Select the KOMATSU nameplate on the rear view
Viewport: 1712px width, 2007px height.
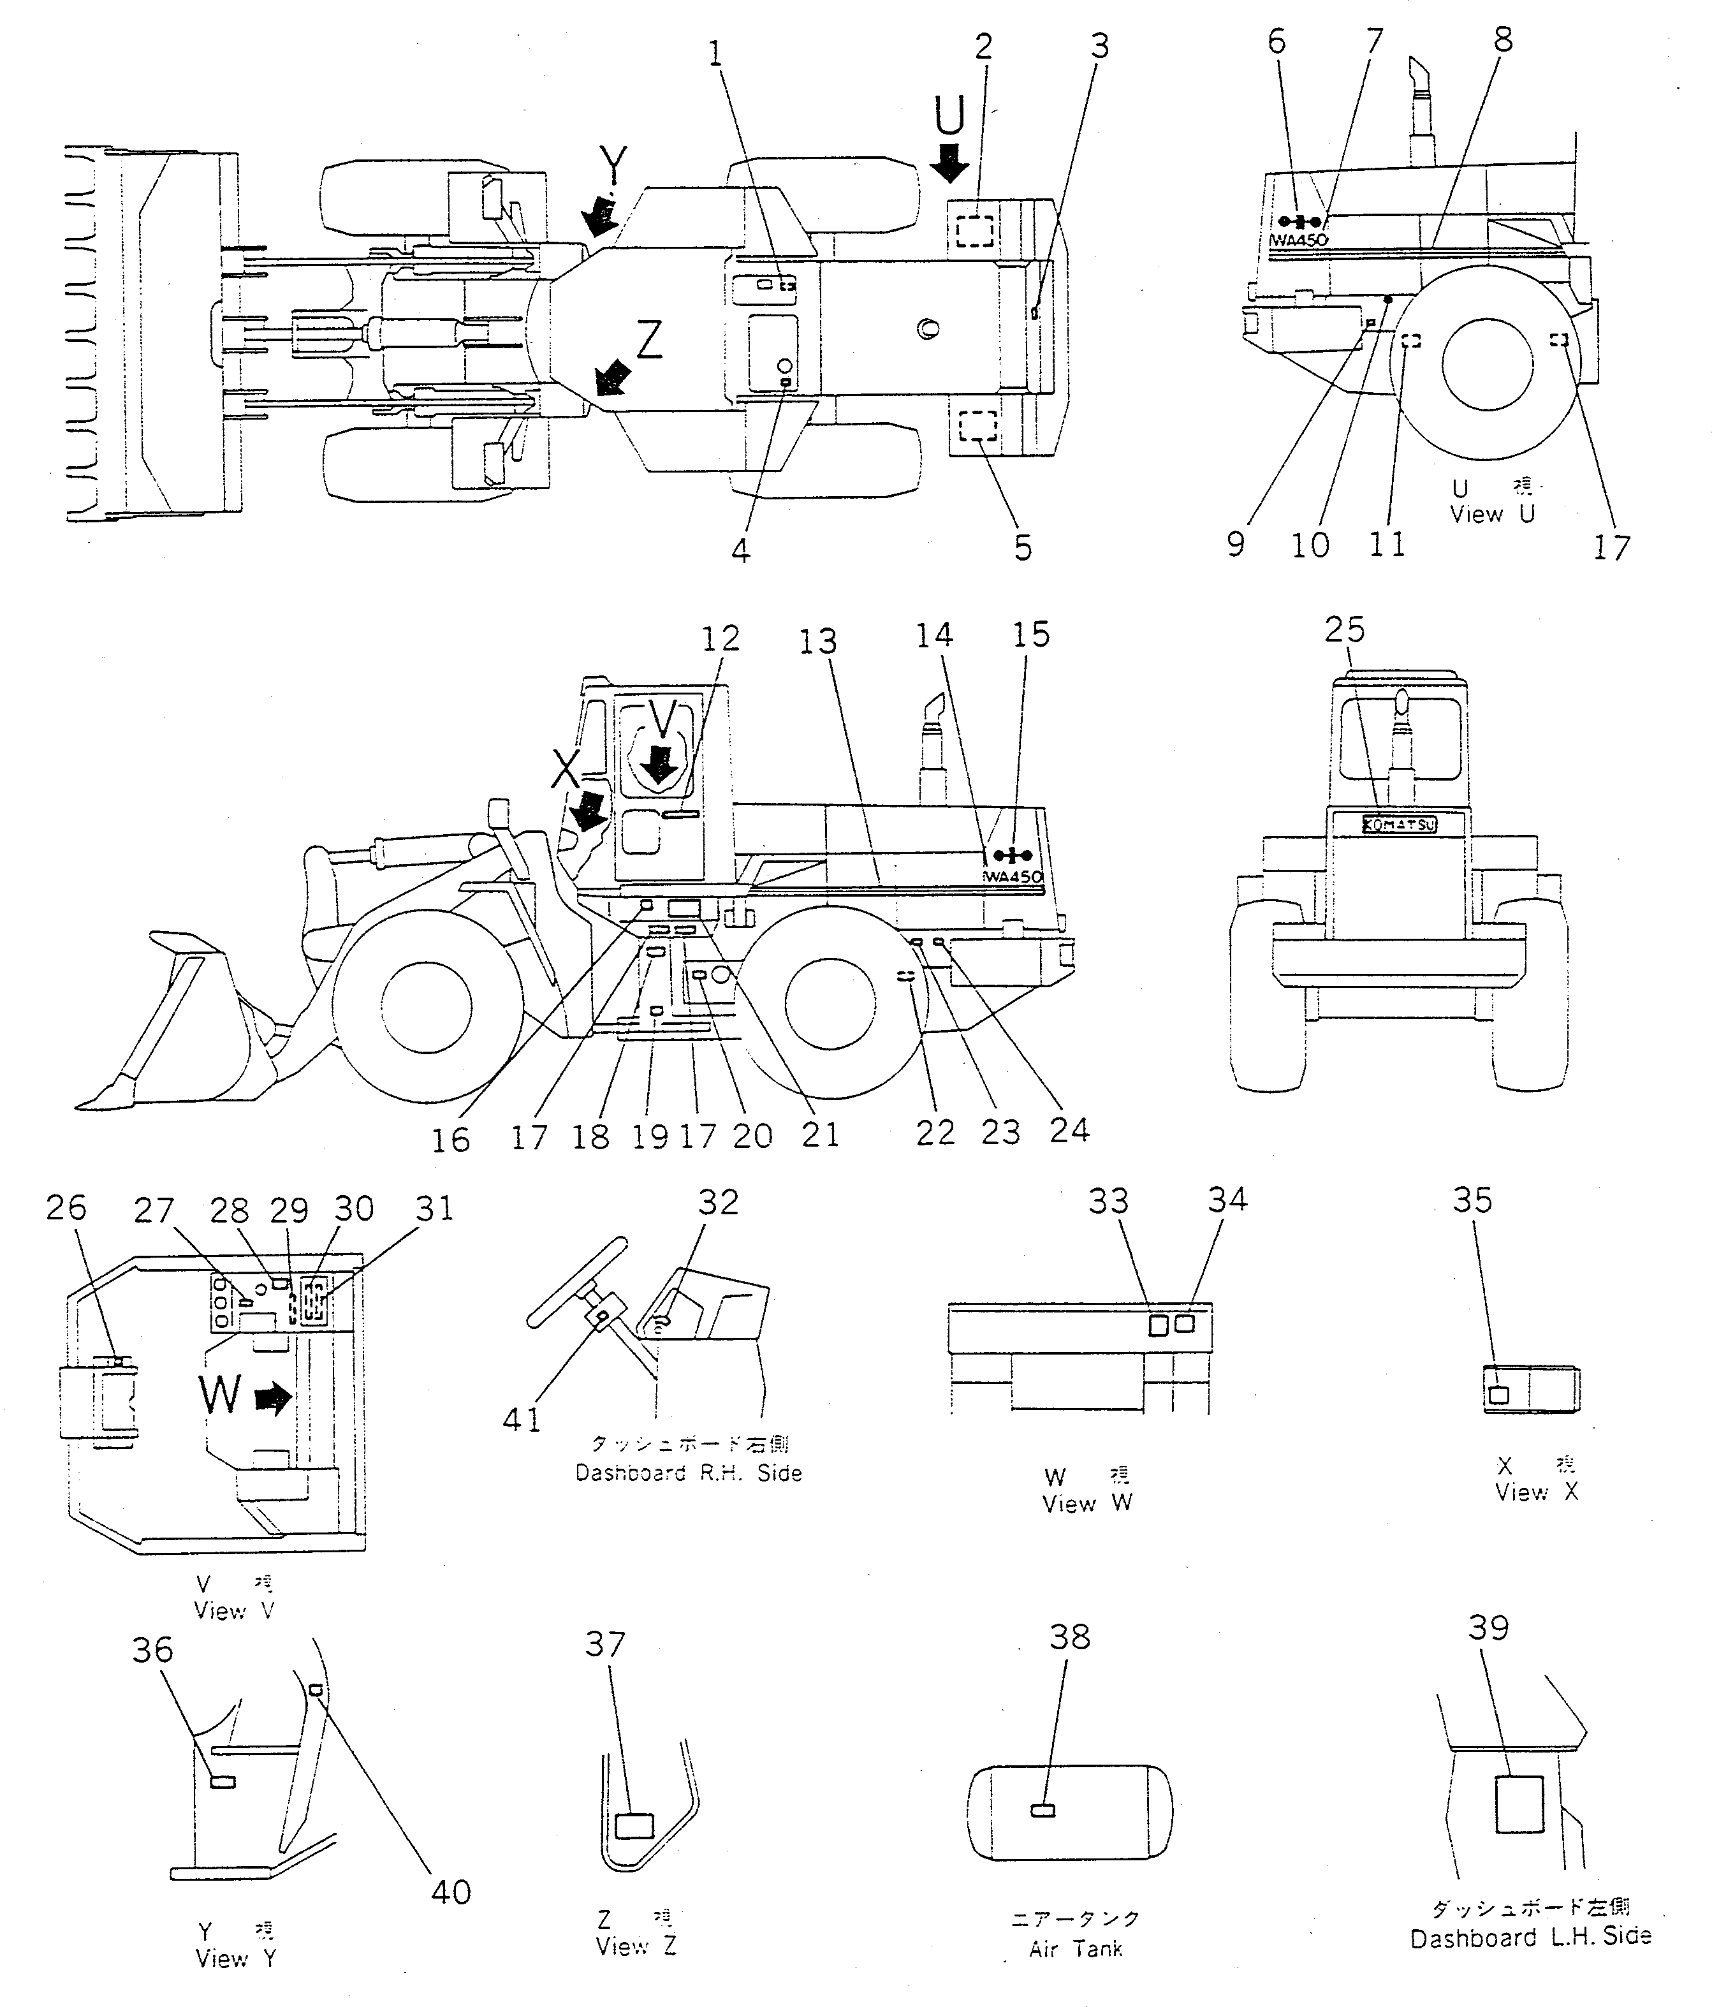click(x=1399, y=825)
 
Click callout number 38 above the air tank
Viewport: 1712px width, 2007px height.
click(x=1070, y=1637)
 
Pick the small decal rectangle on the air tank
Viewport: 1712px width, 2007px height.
click(x=1043, y=1811)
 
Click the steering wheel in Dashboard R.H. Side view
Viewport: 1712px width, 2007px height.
click(x=575, y=1281)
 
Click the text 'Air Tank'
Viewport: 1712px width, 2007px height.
click(x=1075, y=1949)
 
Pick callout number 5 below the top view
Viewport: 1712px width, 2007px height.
click(x=1023, y=548)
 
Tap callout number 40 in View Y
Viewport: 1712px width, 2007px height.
click(x=450, y=1892)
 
